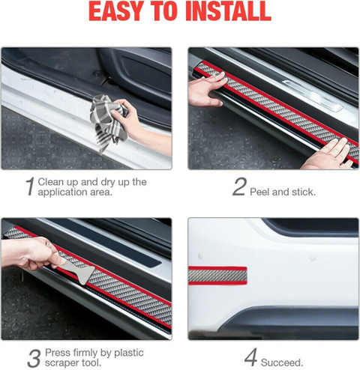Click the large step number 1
click(31, 186)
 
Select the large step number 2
click(239, 186)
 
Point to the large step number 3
click(34, 358)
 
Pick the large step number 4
click(250, 357)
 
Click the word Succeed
click(282, 363)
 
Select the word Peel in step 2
click(259, 192)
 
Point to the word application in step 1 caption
click(62, 192)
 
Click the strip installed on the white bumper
click(217, 276)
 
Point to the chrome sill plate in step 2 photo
click(313, 95)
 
